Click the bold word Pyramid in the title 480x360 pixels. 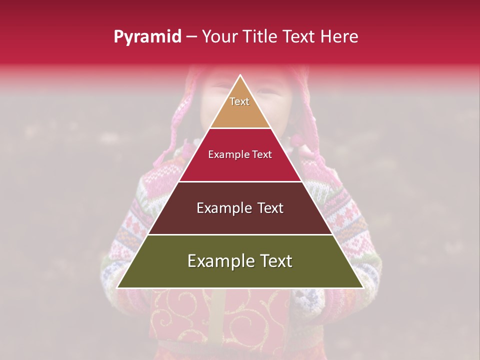147,37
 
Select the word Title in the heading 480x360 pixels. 260,37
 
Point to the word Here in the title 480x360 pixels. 339,37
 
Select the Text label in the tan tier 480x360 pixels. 239,101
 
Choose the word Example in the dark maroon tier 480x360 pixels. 223,208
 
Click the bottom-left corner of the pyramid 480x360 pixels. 118,287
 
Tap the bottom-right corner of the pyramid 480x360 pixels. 362,287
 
